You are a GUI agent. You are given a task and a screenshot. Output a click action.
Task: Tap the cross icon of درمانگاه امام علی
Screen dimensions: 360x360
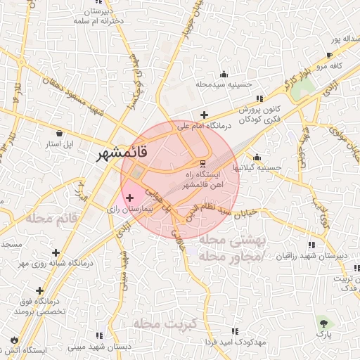coord(204,115)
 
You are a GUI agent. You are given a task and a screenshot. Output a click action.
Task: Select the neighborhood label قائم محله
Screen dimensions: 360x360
coord(53,219)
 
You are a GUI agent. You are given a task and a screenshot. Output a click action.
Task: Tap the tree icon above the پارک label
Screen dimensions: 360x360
coord(323,323)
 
